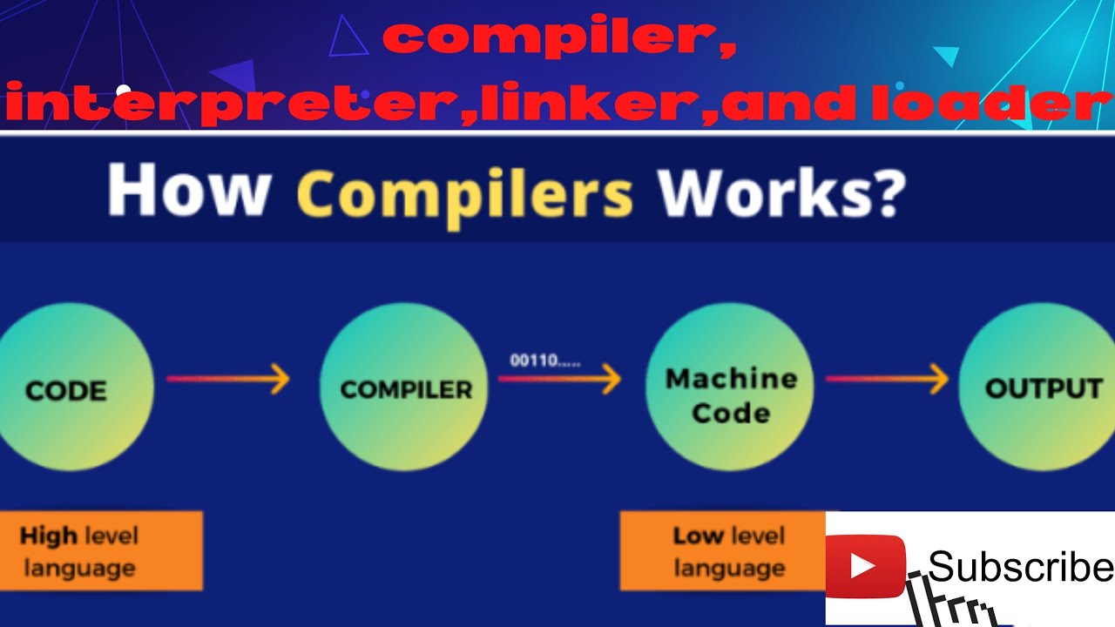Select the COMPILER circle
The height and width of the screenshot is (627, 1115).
click(x=405, y=388)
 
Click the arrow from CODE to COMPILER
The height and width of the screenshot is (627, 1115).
click(x=228, y=379)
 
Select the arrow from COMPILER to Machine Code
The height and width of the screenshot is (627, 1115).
click(x=559, y=379)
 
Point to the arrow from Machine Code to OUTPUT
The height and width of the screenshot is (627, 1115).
click(x=887, y=379)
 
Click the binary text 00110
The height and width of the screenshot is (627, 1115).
click(x=544, y=361)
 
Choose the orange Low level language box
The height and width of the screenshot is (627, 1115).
click(x=723, y=551)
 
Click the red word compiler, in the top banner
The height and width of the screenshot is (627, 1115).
click(x=557, y=39)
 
